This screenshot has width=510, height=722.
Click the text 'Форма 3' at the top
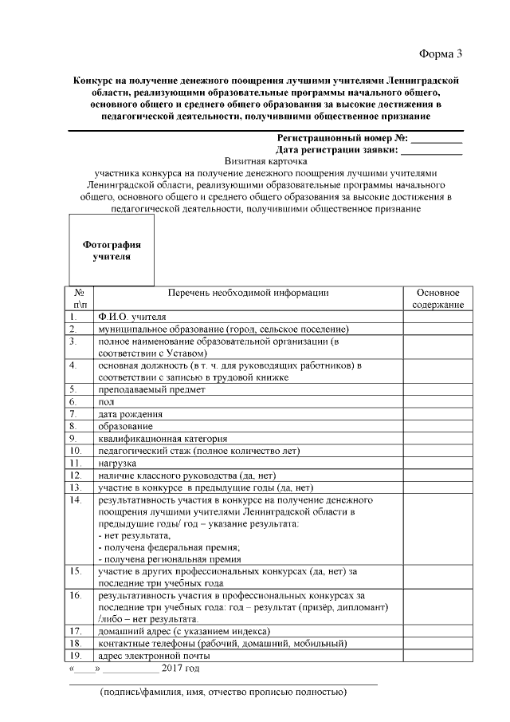coord(440,53)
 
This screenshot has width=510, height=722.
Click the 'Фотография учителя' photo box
coord(111,251)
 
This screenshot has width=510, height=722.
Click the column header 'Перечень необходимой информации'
coord(248,293)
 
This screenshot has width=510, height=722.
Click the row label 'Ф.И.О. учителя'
coord(127,316)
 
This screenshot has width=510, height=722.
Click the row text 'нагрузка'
coord(117,463)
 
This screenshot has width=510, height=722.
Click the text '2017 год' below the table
coord(180,668)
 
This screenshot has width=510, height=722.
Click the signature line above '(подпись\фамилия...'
coord(222,685)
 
